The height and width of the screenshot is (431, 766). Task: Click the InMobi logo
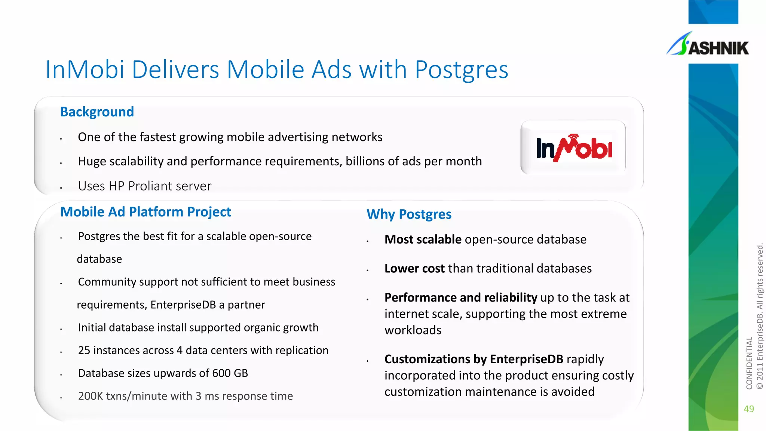click(573, 148)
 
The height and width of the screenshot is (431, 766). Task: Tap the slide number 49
click(749, 409)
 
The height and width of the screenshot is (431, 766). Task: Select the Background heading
click(97, 112)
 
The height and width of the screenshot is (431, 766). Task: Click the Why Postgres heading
click(409, 214)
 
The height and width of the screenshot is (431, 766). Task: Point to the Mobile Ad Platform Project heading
click(145, 212)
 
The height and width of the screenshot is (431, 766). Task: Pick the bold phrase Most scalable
click(423, 239)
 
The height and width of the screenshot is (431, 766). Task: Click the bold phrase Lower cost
click(414, 269)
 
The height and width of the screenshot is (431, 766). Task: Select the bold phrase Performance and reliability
click(460, 297)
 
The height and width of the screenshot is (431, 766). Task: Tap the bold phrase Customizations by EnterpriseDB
click(474, 359)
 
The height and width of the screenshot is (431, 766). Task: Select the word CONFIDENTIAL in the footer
click(749, 363)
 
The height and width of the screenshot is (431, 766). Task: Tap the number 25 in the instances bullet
click(84, 351)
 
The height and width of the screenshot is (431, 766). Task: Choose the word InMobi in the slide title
click(85, 70)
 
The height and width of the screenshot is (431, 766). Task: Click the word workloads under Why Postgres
click(413, 330)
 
